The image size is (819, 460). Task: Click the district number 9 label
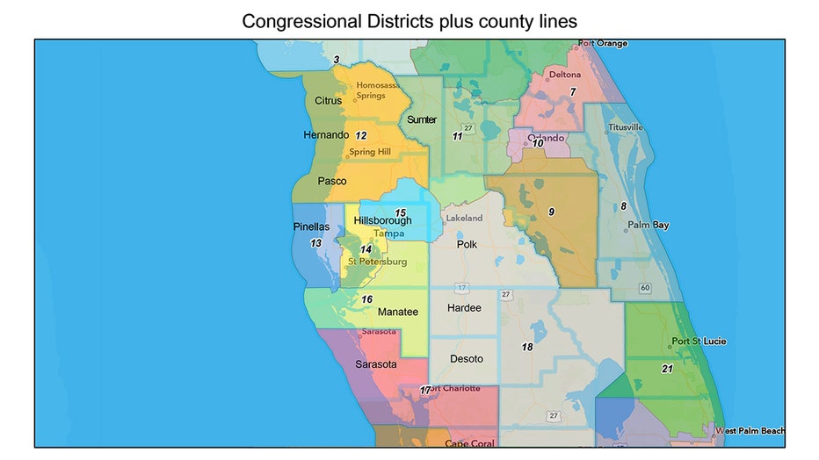coord(551,212)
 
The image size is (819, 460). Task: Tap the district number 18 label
coord(527,347)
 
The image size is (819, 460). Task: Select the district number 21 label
coord(667,369)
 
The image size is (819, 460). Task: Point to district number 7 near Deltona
coord(572,91)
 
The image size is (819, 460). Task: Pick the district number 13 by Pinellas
coord(315,242)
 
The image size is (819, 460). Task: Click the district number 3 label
coord(336,60)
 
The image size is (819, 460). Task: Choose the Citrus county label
coord(328,101)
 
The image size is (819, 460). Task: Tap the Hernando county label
coord(321,135)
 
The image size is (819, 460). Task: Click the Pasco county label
coord(331,181)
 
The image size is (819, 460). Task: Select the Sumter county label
coord(422,119)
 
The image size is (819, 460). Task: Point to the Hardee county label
coord(464,308)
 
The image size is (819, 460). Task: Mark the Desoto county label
coord(466,359)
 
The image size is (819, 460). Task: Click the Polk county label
coord(467,244)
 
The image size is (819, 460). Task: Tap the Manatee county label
coord(397,312)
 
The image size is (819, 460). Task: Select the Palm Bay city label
coord(649,226)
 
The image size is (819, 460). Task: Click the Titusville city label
coord(625,127)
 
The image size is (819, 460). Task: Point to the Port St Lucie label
coord(699,341)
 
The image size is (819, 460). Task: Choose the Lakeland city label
coord(464,218)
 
